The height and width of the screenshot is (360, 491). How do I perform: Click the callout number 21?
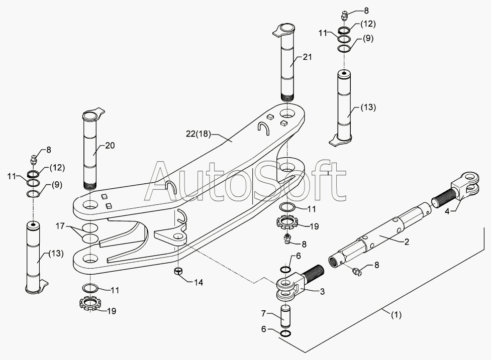tap(307, 57)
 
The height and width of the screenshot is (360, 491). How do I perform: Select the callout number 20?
tap(110, 146)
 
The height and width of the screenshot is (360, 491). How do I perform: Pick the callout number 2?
tap(407, 242)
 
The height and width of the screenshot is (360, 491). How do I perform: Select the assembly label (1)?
tap(396, 315)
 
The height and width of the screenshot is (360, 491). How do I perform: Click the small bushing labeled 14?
tap(177, 272)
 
